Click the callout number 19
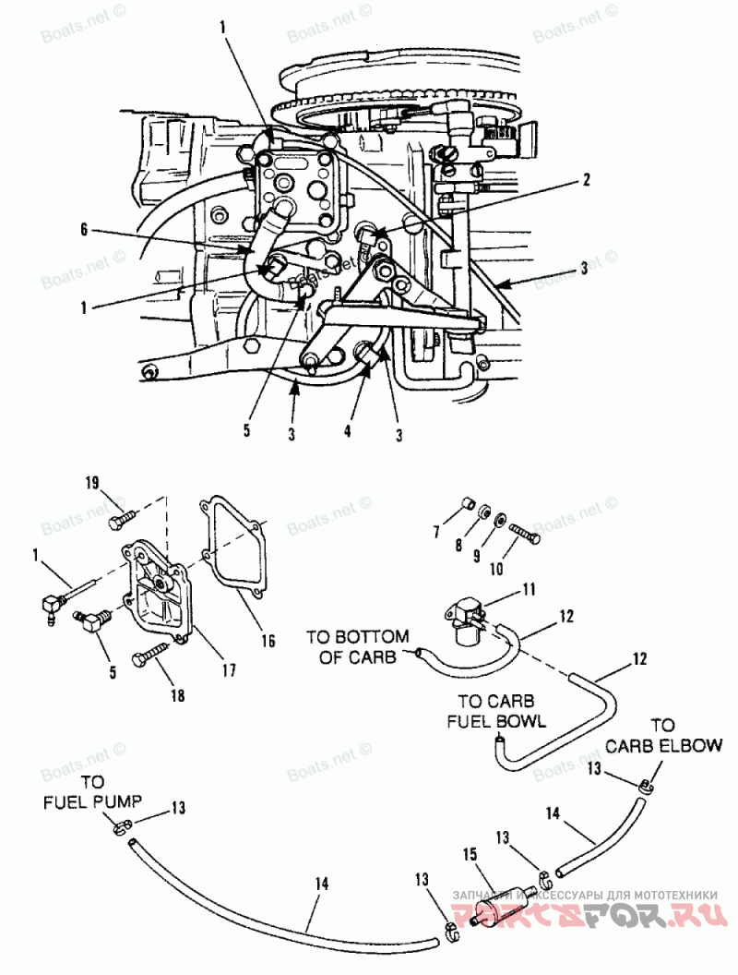(x=92, y=483)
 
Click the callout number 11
(x=530, y=587)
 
